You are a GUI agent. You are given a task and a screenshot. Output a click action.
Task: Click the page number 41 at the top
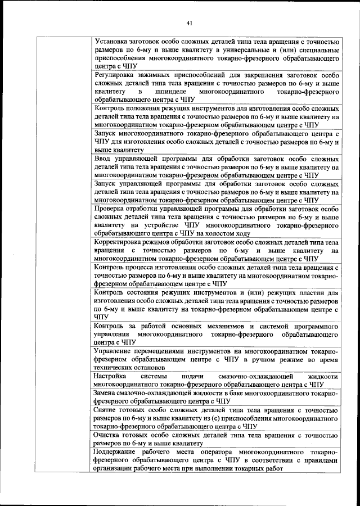pos(189,22)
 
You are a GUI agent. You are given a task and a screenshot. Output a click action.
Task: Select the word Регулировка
pos(117,75)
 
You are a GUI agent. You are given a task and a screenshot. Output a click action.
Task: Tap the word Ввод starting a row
pos(105,159)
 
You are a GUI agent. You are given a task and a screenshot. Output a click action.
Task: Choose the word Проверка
pos(112,209)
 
